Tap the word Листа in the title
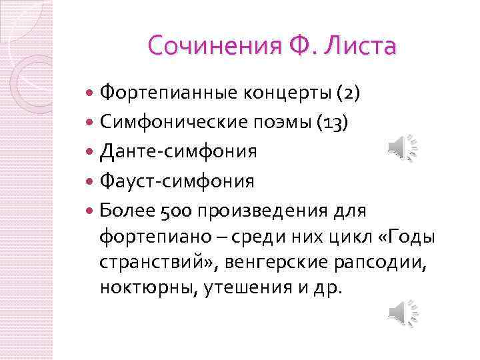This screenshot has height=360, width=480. tap(361, 47)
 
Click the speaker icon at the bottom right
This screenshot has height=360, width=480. tap(402, 311)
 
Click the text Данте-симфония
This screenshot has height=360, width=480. tap(178, 151)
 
